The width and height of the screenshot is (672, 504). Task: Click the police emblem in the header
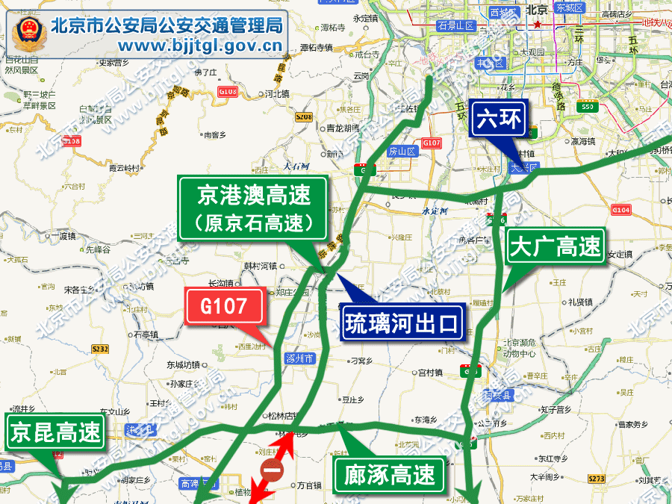(29, 34)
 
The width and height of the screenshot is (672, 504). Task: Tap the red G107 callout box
(225, 307)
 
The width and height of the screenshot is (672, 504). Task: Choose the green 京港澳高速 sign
(253, 209)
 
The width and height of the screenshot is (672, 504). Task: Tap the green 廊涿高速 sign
(389, 474)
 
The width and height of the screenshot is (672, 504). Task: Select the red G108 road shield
(71, 141)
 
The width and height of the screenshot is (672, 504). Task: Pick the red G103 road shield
(228, 92)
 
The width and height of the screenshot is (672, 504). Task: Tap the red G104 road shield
(621, 211)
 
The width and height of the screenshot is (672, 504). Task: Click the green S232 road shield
(100, 349)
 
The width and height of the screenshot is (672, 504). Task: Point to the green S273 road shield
(596, 479)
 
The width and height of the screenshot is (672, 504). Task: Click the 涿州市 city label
(300, 358)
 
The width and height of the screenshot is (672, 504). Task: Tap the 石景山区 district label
(456, 25)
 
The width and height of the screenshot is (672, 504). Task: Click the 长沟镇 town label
(220, 284)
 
